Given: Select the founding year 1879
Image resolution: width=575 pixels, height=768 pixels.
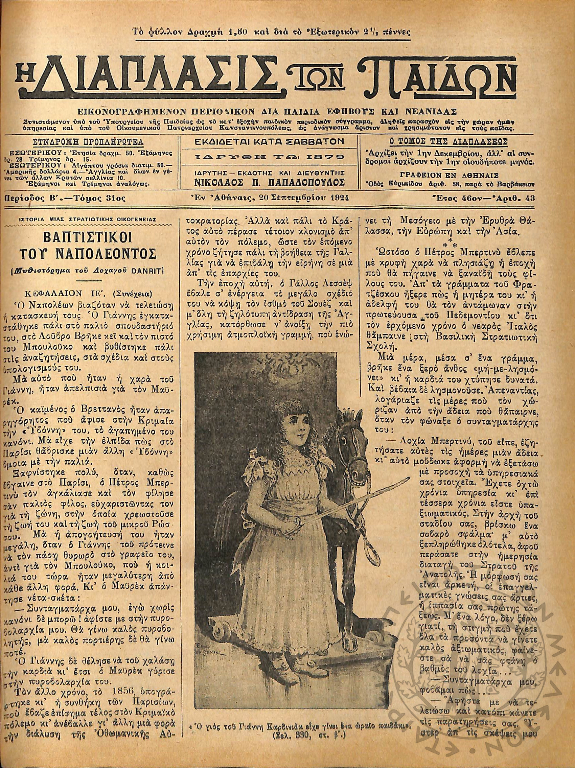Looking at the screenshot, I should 325,157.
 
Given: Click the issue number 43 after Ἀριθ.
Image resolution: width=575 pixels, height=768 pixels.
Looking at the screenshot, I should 529,198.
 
